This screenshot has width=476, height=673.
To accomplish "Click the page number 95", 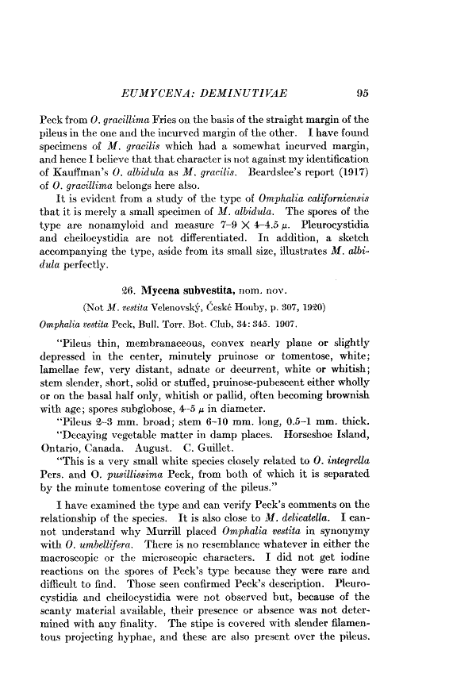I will point(363,94).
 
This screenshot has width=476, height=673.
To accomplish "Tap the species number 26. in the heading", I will point(136,288).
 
